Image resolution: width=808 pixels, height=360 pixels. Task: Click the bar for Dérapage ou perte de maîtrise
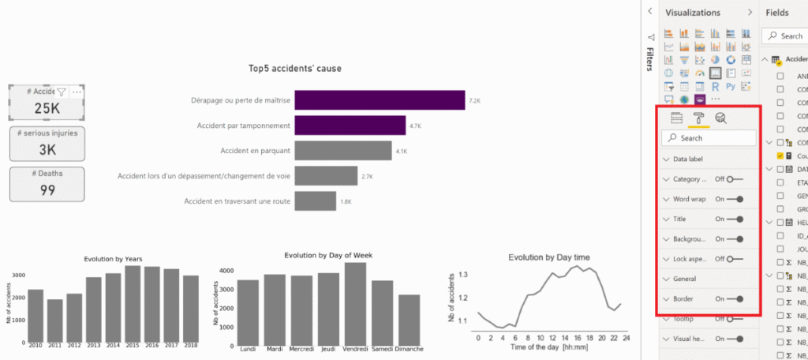pyautogui.click(x=379, y=101)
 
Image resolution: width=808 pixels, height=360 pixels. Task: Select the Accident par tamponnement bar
pyautogui.click(x=348, y=126)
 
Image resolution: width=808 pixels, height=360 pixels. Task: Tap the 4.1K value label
pyautogui.click(x=401, y=151)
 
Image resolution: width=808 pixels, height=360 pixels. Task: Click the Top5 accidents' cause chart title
pyautogui.click(x=295, y=69)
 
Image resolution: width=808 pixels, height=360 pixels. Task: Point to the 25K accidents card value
pyautogui.click(x=47, y=108)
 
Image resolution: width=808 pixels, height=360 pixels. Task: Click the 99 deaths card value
pyautogui.click(x=47, y=189)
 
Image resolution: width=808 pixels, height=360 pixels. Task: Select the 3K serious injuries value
pyautogui.click(x=47, y=149)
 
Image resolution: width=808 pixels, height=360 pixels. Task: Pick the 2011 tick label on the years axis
pyautogui.click(x=54, y=346)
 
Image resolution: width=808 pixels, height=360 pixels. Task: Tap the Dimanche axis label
pyautogui.click(x=408, y=348)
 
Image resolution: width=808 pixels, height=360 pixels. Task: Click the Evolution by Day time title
pyautogui.click(x=548, y=257)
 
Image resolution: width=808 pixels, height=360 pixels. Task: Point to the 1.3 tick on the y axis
pyautogui.click(x=463, y=275)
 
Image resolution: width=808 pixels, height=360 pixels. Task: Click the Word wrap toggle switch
pyautogui.click(x=735, y=199)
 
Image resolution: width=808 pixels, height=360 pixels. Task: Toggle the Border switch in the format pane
pyautogui.click(x=735, y=299)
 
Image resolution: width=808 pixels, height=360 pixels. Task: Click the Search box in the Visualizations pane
pyautogui.click(x=710, y=138)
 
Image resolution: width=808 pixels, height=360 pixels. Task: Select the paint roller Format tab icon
pyautogui.click(x=698, y=118)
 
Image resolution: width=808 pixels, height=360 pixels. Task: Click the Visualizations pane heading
pyautogui.click(x=693, y=13)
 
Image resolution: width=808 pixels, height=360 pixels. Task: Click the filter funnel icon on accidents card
pyautogui.click(x=62, y=92)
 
